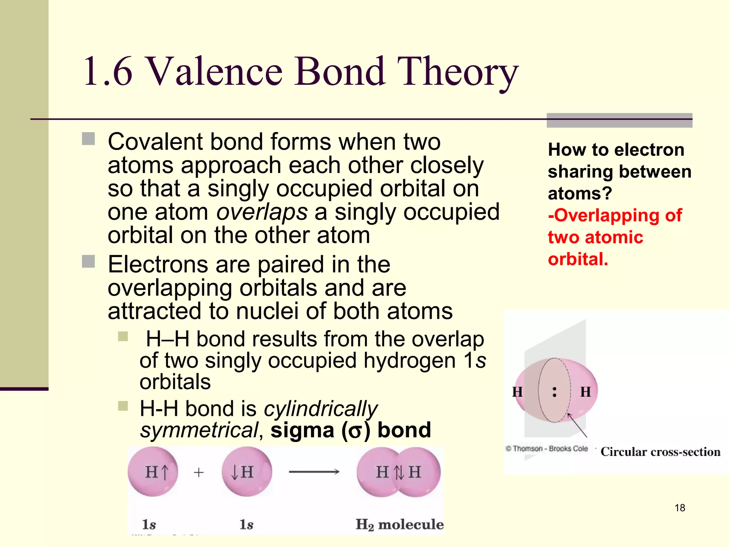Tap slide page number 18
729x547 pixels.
[680, 508]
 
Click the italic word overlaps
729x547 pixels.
[262, 212]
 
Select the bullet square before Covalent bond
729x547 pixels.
[88, 139]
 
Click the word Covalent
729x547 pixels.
[155, 142]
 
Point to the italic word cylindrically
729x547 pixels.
[320, 408]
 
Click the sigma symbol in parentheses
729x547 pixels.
[355, 431]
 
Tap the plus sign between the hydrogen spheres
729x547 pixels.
[199, 473]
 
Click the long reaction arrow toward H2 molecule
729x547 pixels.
[314, 472]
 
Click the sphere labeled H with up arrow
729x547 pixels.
[153, 472]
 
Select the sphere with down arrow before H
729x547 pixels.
[246, 472]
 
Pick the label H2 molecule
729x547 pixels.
[399, 525]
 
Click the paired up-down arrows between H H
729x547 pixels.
[399, 473]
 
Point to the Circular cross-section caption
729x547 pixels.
[660, 452]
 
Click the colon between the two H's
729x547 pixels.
[554, 392]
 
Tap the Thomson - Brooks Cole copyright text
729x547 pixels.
[547, 449]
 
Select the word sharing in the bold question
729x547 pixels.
[579, 172]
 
